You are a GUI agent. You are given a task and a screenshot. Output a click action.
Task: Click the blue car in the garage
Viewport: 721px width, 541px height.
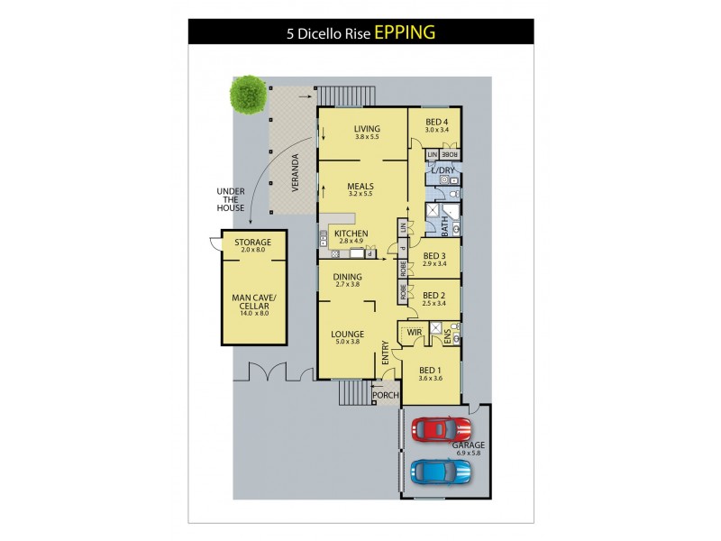440,471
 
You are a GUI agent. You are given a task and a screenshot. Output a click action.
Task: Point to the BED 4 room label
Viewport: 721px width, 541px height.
436,122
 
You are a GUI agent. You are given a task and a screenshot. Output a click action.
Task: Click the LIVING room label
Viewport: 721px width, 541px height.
367,128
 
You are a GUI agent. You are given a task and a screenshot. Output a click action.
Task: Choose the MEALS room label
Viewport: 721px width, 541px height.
360,188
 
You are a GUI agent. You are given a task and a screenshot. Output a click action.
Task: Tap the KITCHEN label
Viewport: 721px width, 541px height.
351,234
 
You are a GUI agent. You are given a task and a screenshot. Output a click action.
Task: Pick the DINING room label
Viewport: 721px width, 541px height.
348,277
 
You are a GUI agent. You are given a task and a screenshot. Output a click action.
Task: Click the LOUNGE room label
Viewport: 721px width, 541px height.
348,333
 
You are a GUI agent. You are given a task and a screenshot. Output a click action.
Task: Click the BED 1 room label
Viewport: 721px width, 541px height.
430,370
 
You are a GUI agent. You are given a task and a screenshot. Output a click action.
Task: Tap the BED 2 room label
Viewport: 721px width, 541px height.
434,295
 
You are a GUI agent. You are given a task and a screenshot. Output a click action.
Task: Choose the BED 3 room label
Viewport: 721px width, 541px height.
434,255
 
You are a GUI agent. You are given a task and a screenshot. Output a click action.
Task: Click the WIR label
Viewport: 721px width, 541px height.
415,333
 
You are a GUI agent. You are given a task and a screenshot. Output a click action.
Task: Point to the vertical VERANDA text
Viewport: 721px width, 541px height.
294,171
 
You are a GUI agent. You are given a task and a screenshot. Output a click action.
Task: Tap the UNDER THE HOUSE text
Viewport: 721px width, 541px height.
231,199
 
